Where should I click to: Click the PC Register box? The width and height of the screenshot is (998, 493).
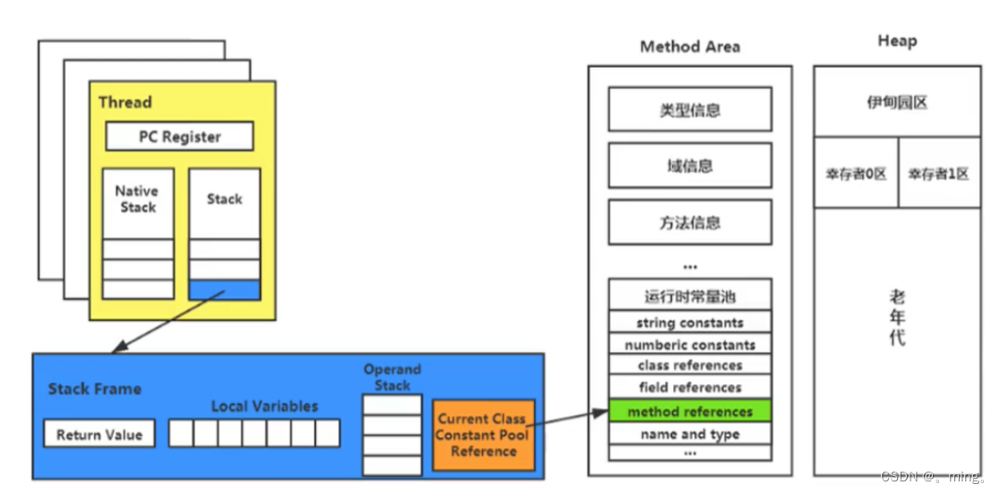[x=179, y=136]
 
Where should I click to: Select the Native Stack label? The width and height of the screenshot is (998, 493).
[x=137, y=199]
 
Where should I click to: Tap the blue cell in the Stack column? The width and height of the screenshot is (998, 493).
[x=225, y=290]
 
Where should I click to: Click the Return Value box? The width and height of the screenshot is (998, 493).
[x=99, y=434]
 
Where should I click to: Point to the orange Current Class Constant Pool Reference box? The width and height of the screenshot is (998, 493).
[x=483, y=434]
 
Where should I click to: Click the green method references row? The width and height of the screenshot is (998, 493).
[x=690, y=411]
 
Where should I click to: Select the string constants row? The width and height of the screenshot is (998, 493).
[x=690, y=323]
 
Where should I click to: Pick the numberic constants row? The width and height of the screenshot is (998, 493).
[x=690, y=344]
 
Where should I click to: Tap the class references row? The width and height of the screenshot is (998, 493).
[x=690, y=366]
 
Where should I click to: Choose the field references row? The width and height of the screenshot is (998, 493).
[x=690, y=388]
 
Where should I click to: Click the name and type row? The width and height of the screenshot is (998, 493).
[x=690, y=434]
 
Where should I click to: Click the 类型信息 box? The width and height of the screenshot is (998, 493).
[x=690, y=110]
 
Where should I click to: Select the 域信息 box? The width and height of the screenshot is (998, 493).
[x=690, y=166]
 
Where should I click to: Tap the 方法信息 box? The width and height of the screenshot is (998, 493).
[x=690, y=223]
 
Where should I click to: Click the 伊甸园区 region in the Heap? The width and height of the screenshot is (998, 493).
[x=896, y=102]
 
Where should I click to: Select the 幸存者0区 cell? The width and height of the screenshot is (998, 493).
[x=855, y=174]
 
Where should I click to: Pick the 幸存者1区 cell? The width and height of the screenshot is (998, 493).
[x=938, y=174]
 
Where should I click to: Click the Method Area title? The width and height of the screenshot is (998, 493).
[x=690, y=46]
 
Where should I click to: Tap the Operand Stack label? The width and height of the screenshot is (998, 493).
[x=392, y=377]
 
